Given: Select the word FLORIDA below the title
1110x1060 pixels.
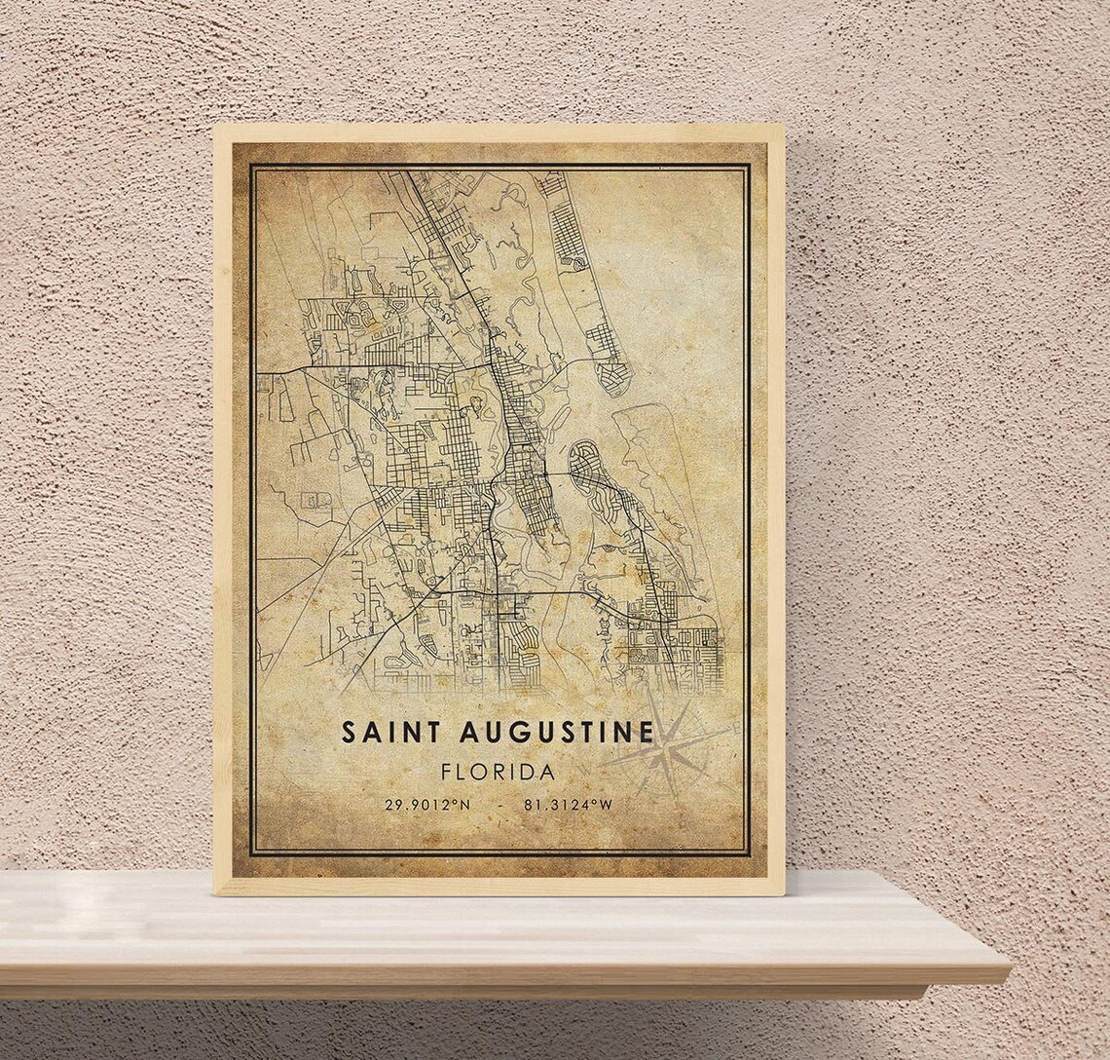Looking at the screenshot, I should pyautogui.click(x=498, y=772).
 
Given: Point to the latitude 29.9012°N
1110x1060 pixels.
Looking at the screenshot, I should pyautogui.click(x=425, y=805).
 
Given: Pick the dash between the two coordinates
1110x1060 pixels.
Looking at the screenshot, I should pyautogui.click(x=499, y=805).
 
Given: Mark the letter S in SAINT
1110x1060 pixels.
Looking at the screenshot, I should pyautogui.click(x=348, y=733).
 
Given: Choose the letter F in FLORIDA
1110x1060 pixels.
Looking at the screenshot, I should pyautogui.click(x=447, y=772).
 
